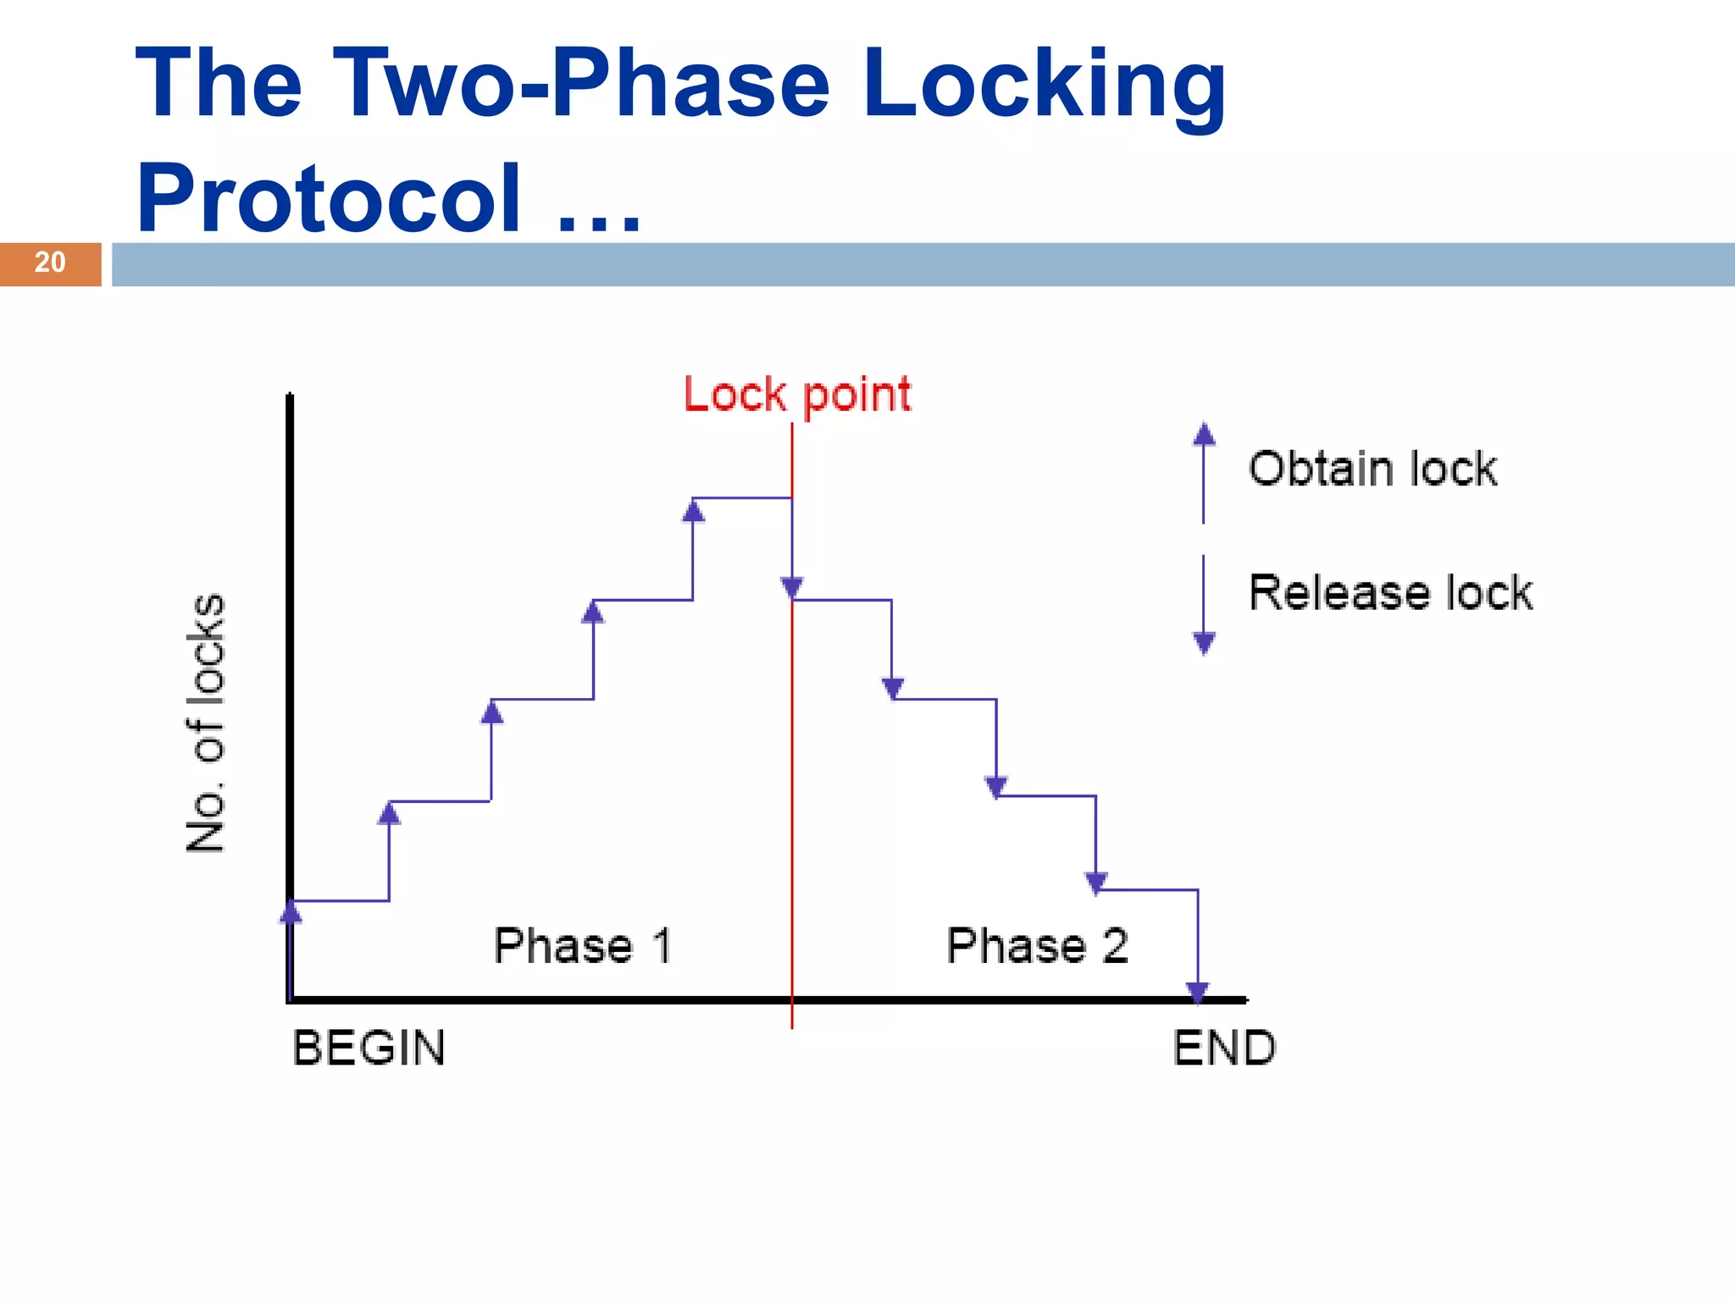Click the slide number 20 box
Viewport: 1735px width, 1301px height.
[50, 263]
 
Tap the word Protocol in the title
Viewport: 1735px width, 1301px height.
[329, 198]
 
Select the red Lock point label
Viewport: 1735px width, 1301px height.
[797, 396]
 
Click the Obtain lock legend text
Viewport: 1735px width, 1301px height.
[1372, 469]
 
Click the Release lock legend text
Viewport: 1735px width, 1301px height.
[1390, 592]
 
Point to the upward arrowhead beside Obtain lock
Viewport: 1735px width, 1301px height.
[1204, 435]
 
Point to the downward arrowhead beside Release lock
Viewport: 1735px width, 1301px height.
[1204, 644]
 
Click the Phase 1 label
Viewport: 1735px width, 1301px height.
[583, 946]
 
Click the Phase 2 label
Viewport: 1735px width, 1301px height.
[1037, 946]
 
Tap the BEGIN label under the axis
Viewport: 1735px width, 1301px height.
[369, 1049]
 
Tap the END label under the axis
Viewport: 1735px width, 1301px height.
[1224, 1049]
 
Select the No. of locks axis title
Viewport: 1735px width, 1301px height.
[206, 722]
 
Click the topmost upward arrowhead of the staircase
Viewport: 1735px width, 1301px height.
[693, 511]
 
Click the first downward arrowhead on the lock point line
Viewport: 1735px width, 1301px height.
[792, 587]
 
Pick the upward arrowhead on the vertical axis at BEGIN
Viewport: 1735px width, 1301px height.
[291, 911]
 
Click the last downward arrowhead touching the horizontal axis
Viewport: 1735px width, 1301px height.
[1197, 991]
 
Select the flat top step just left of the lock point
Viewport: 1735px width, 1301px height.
[742, 498]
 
